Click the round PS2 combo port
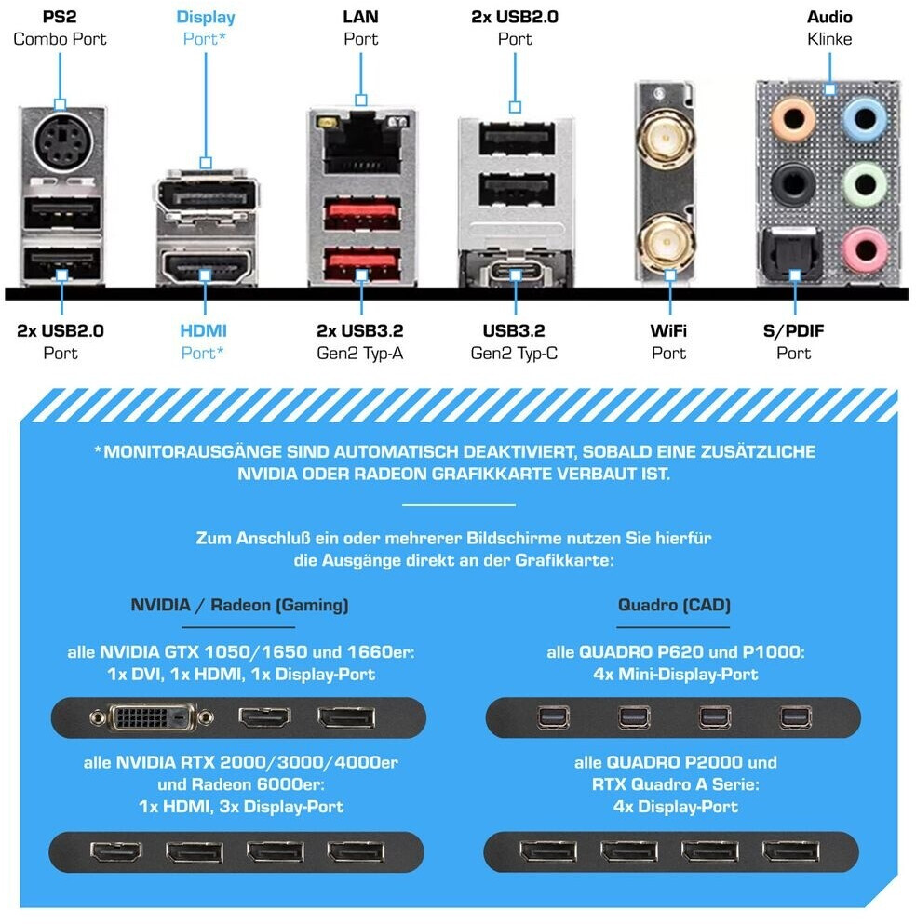(x=61, y=143)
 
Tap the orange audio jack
(x=795, y=118)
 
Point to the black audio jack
(x=795, y=183)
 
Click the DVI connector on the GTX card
(x=154, y=717)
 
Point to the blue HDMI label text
(x=203, y=330)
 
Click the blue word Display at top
(x=206, y=17)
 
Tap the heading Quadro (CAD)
(x=674, y=605)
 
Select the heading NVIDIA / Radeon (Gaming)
(x=239, y=605)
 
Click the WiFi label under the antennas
(x=668, y=330)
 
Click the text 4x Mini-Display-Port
(x=675, y=674)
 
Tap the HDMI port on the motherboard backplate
(x=206, y=267)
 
